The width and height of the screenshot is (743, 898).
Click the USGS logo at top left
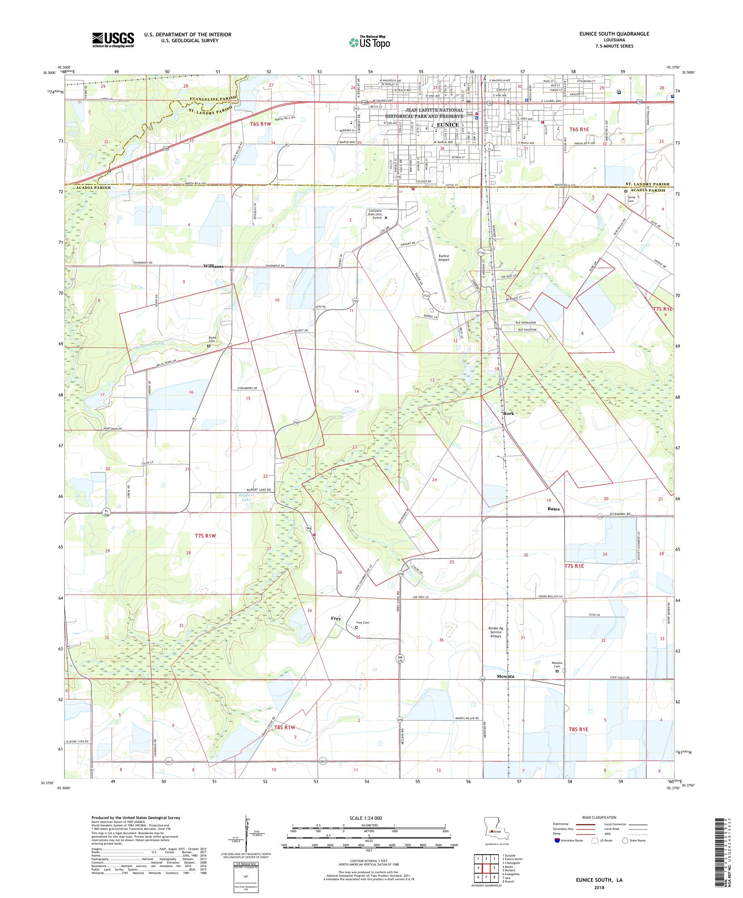click(x=113, y=40)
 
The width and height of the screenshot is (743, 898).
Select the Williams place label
click(x=213, y=266)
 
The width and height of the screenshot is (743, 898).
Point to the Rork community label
click(x=508, y=413)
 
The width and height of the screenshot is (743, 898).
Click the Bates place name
click(x=553, y=509)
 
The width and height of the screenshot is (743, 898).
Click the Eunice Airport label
click(x=443, y=257)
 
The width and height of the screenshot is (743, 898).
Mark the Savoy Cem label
click(x=630, y=199)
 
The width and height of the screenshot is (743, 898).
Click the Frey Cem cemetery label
click(x=363, y=623)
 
